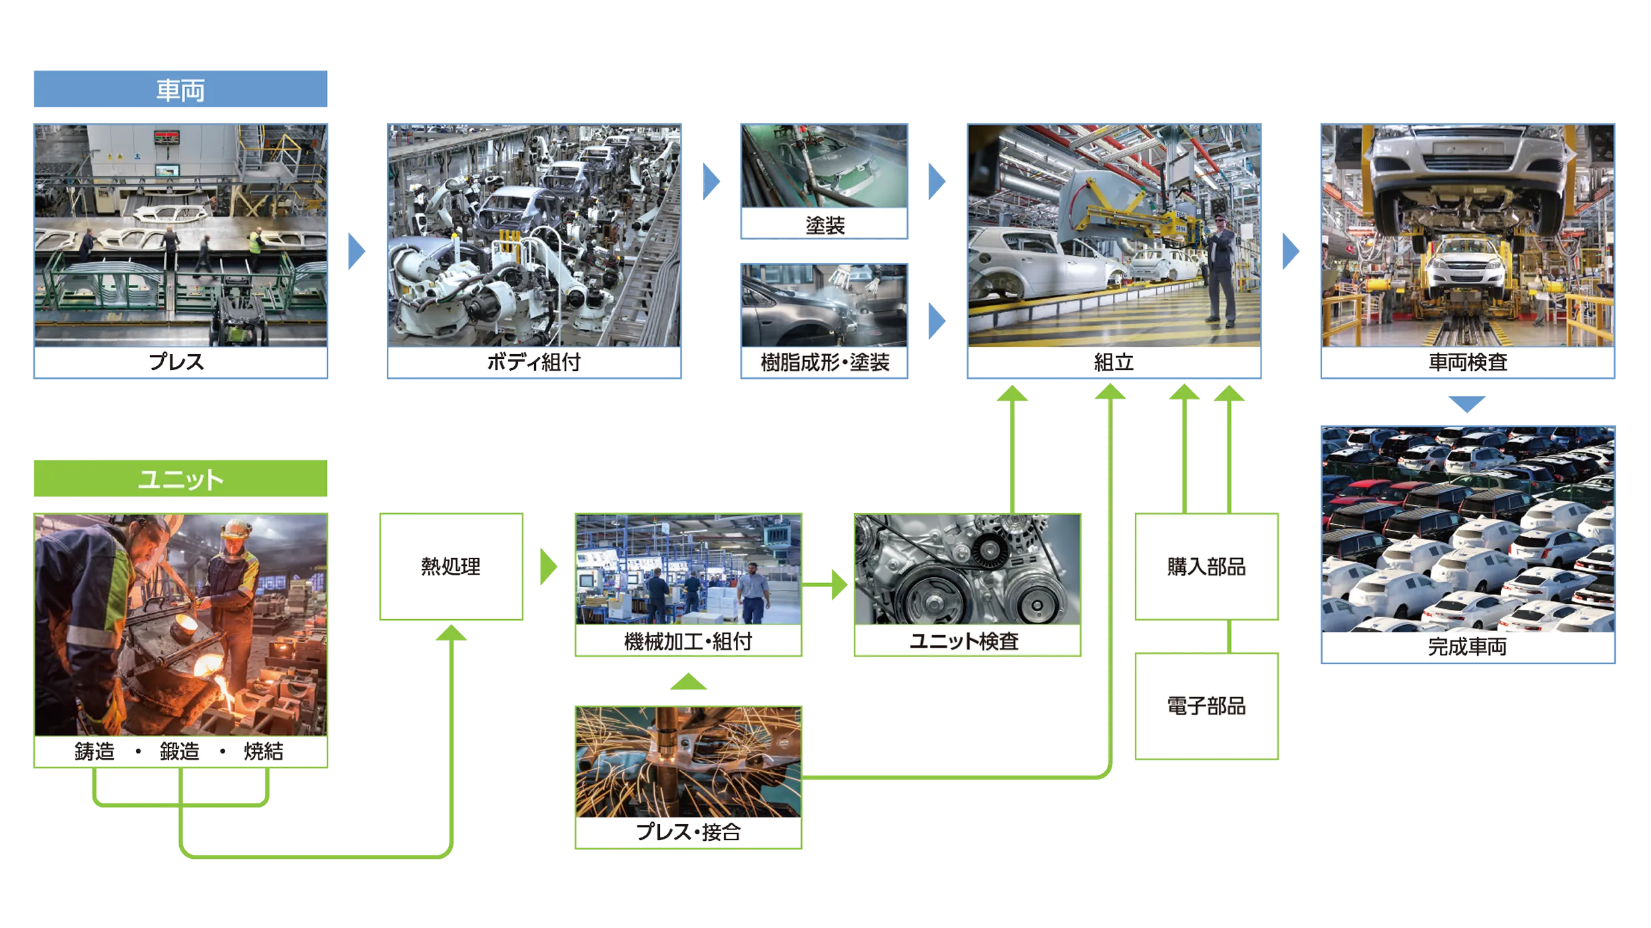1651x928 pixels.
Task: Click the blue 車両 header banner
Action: pyautogui.click(x=180, y=90)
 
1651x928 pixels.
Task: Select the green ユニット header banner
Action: pyautogui.click(x=180, y=479)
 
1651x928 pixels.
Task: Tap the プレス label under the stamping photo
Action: pyautogui.click(x=180, y=363)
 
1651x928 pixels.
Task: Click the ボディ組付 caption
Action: pyautogui.click(x=534, y=363)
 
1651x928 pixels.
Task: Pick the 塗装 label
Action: pyautogui.click(x=825, y=225)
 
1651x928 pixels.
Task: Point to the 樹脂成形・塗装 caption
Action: pyautogui.click(x=825, y=363)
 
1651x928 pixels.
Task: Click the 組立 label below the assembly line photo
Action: pyautogui.click(x=1114, y=363)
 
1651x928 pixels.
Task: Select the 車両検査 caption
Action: pyautogui.click(x=1467, y=363)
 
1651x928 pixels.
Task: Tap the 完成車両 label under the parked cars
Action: pyautogui.click(x=1467, y=647)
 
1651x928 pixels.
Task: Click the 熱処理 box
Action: pyautogui.click(x=452, y=567)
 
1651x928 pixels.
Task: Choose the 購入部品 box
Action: pyautogui.click(x=1206, y=567)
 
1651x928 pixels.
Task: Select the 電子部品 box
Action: pyautogui.click(x=1206, y=706)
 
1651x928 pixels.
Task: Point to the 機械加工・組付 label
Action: pyautogui.click(x=687, y=641)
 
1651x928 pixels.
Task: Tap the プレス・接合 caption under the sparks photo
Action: pyautogui.click(x=687, y=832)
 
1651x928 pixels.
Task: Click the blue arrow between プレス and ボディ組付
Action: pyautogui.click(x=356, y=251)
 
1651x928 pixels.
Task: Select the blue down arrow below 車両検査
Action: pyautogui.click(x=1467, y=403)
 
